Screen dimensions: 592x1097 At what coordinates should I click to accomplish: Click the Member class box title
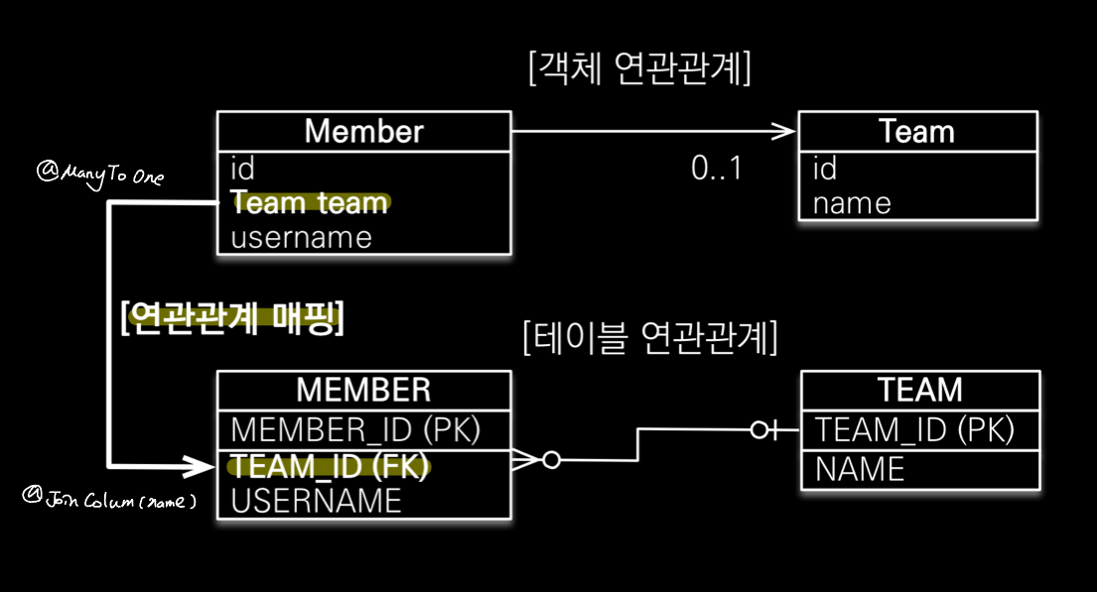click(363, 131)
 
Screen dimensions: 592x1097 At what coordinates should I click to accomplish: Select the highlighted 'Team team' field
click(310, 203)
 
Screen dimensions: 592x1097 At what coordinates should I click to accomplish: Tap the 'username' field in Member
click(301, 238)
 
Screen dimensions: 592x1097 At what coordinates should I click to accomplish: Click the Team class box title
click(916, 131)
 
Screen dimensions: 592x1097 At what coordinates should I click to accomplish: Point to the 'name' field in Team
click(852, 204)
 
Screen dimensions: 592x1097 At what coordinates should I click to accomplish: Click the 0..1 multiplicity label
click(717, 169)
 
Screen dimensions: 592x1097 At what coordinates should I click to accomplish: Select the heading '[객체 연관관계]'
click(640, 70)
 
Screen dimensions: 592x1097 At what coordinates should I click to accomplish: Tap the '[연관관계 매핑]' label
click(231, 320)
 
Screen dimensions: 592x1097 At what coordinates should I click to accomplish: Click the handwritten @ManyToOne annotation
click(99, 176)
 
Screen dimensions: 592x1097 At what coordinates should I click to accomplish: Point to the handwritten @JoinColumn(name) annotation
click(108, 501)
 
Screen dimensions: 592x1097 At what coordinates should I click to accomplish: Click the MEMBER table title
click(363, 389)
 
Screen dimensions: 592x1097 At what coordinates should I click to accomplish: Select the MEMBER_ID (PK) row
click(355, 429)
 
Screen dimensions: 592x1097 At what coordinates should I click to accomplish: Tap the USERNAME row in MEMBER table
click(316, 501)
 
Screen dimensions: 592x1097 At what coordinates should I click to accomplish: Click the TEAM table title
click(920, 389)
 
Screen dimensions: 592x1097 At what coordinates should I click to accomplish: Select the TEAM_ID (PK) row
click(914, 430)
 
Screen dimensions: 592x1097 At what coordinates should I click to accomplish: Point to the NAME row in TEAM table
click(860, 469)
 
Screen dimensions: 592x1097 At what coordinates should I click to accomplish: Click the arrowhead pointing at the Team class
click(786, 131)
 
